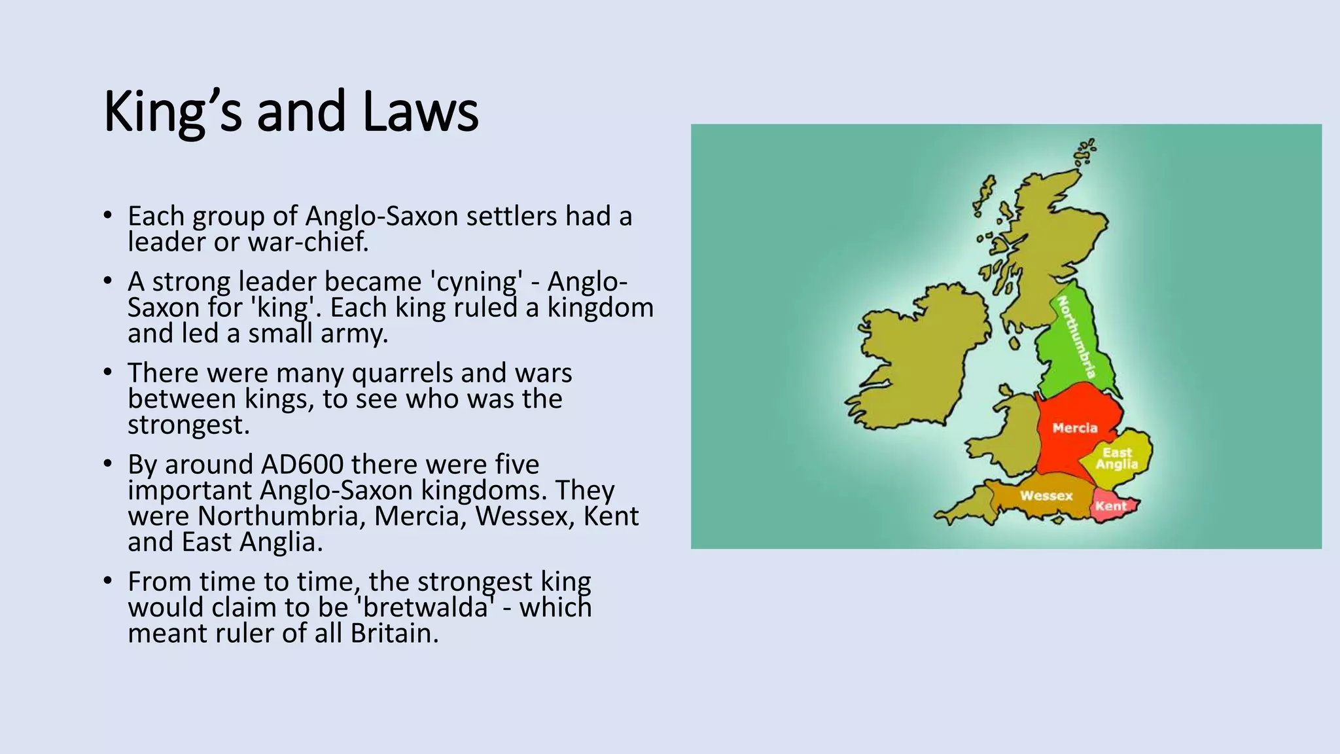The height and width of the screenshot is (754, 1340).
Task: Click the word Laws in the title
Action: [x=420, y=111]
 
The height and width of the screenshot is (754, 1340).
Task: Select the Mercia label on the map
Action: [x=1074, y=428]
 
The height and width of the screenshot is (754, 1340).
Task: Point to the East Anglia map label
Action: [x=1117, y=458]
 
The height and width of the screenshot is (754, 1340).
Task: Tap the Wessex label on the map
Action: [x=1046, y=495]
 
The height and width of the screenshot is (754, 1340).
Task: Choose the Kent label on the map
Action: [x=1110, y=506]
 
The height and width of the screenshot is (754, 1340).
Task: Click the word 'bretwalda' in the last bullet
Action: [x=425, y=607]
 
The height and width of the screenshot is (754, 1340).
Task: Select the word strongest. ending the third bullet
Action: [x=188, y=425]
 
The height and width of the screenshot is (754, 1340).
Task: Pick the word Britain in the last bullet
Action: [x=394, y=634]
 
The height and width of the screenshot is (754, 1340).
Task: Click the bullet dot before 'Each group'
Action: [x=108, y=215]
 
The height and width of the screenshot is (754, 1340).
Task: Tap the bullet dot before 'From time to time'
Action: [x=108, y=581]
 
